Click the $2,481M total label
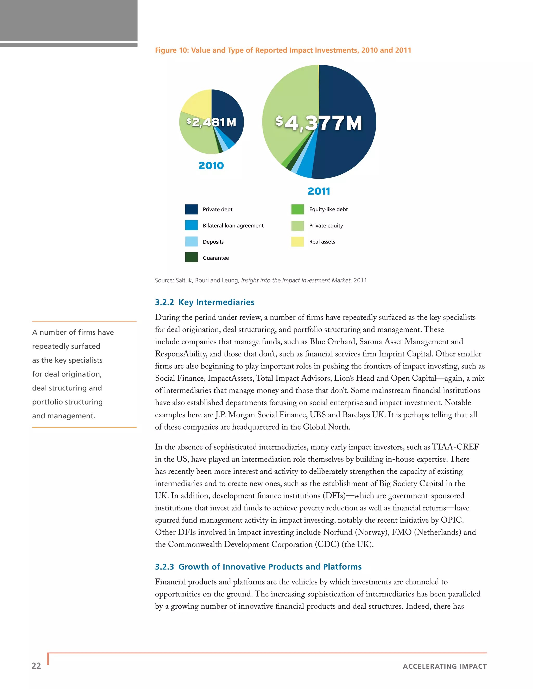point(211,122)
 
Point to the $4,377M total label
point(318,123)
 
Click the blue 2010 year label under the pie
point(211,166)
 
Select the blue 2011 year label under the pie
point(319,191)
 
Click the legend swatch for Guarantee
point(191,257)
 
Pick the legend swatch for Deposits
point(191,242)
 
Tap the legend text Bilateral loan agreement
point(233,226)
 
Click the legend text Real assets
point(322,242)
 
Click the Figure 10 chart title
point(283,50)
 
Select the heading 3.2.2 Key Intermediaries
point(205,302)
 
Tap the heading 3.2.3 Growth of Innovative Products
point(258,567)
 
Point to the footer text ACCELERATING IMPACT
point(445,666)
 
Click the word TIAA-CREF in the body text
point(455,447)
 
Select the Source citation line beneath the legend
point(261,281)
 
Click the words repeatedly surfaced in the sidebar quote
point(66,346)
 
